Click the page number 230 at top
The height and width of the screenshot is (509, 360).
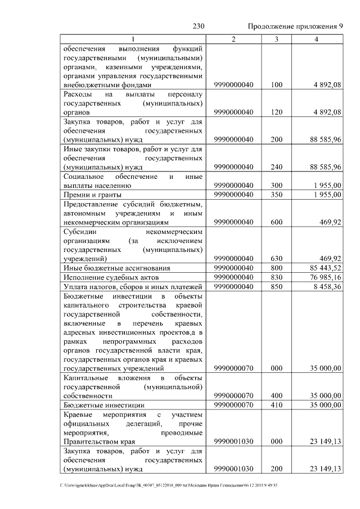[x=199, y=26]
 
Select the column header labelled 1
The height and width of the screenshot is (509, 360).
[x=133, y=39]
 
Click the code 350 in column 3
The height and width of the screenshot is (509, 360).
[x=276, y=195]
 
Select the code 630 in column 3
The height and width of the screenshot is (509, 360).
[x=276, y=258]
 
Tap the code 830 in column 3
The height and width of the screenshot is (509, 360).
[x=276, y=277]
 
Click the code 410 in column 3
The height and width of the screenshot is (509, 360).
[x=276, y=405]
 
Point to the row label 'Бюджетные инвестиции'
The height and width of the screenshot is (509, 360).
[x=102, y=405]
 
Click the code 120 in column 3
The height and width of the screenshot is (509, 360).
[x=276, y=112]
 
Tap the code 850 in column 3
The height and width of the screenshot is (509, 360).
[x=276, y=287]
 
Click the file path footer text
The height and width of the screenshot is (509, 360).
[x=169, y=485]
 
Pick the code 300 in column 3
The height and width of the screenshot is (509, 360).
[x=276, y=185]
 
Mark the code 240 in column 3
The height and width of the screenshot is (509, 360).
[x=276, y=167]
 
